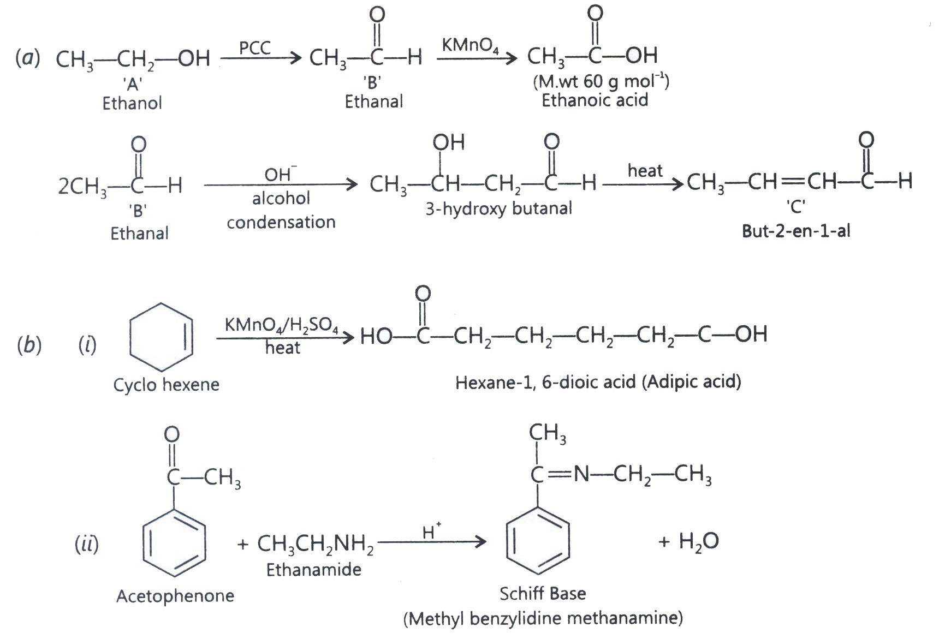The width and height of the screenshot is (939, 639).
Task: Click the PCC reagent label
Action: click(255, 47)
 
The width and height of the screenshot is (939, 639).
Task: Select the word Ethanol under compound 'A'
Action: click(132, 103)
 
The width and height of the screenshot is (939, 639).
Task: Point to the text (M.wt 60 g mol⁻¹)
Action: click(601, 81)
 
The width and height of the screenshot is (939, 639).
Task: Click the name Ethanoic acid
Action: click(595, 100)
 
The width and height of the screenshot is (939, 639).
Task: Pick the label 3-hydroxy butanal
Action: click(499, 208)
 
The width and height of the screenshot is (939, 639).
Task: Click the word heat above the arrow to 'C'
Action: click(645, 170)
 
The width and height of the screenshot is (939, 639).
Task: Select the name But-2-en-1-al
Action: click(796, 231)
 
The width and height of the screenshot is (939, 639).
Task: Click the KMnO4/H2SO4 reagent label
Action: click(281, 325)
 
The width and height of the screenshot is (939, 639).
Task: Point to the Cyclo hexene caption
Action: click(166, 385)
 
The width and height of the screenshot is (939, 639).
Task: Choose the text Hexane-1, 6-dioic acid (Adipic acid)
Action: click(598, 381)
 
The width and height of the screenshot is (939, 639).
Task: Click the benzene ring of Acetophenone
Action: click(174, 542)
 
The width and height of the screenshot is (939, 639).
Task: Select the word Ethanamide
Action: click(314, 570)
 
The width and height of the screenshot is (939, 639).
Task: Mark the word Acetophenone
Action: click(175, 595)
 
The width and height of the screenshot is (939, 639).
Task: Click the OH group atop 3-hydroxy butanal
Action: click(448, 142)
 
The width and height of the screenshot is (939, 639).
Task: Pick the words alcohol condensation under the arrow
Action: click(281, 210)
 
